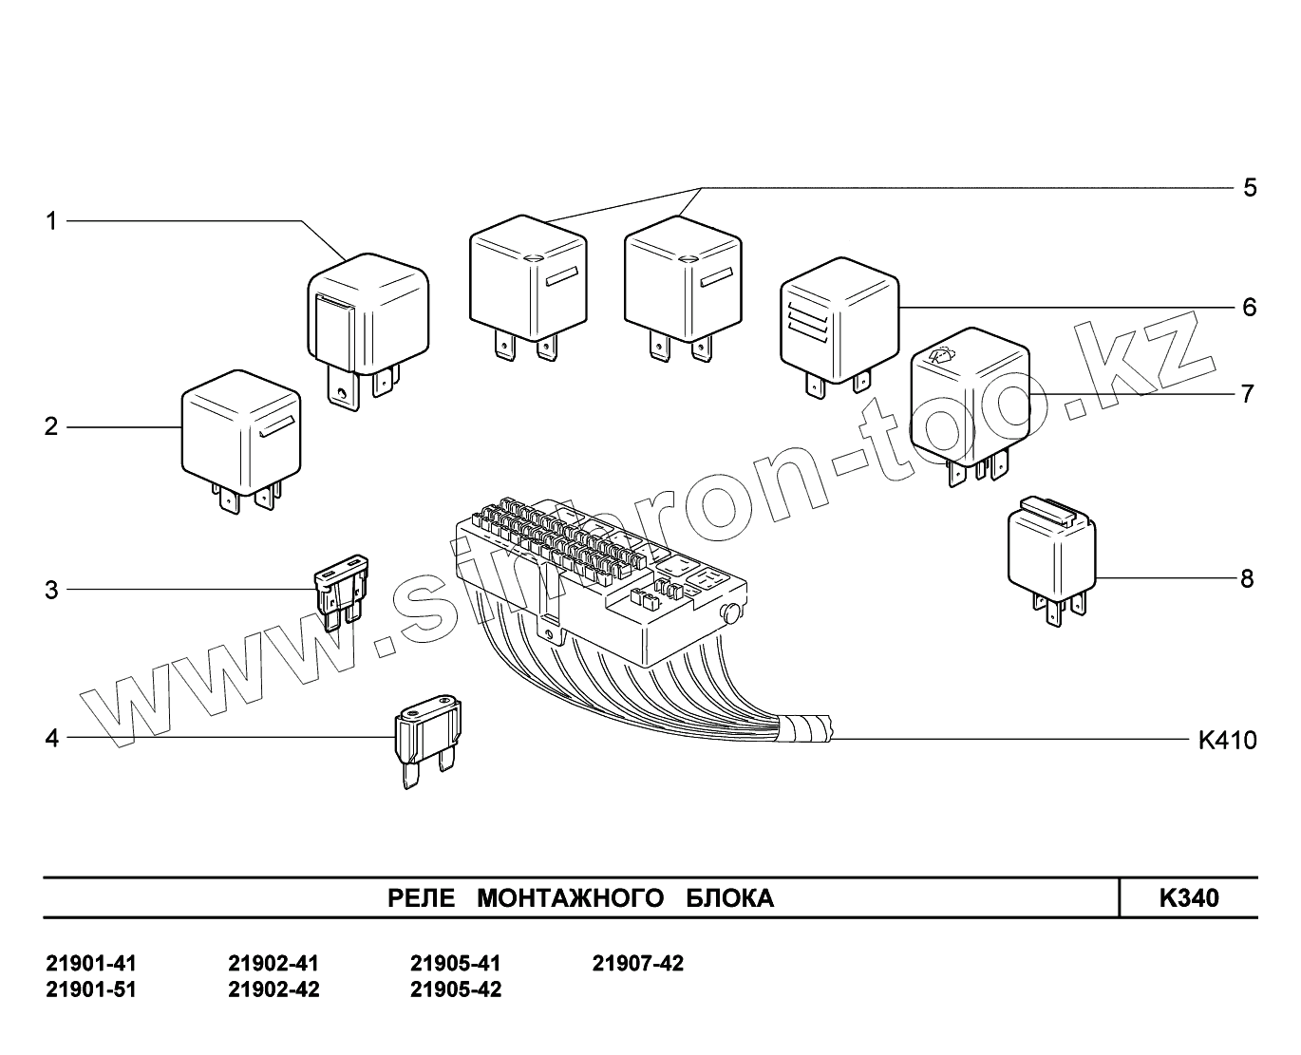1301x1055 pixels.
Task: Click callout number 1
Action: [x=52, y=221]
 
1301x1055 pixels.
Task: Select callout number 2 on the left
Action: [x=51, y=426]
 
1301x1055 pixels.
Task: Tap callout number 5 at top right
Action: [x=1250, y=187]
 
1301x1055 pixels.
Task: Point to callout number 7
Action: [x=1248, y=393]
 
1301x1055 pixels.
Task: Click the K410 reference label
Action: [x=1227, y=740]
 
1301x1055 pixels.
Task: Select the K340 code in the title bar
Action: [x=1189, y=898]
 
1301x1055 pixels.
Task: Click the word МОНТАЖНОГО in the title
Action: [x=570, y=898]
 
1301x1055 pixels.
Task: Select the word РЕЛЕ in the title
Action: [x=423, y=898]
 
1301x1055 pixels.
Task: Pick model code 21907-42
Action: [x=637, y=964]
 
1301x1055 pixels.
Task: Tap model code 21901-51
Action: [x=91, y=989]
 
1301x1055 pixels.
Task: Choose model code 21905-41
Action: [x=455, y=964]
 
